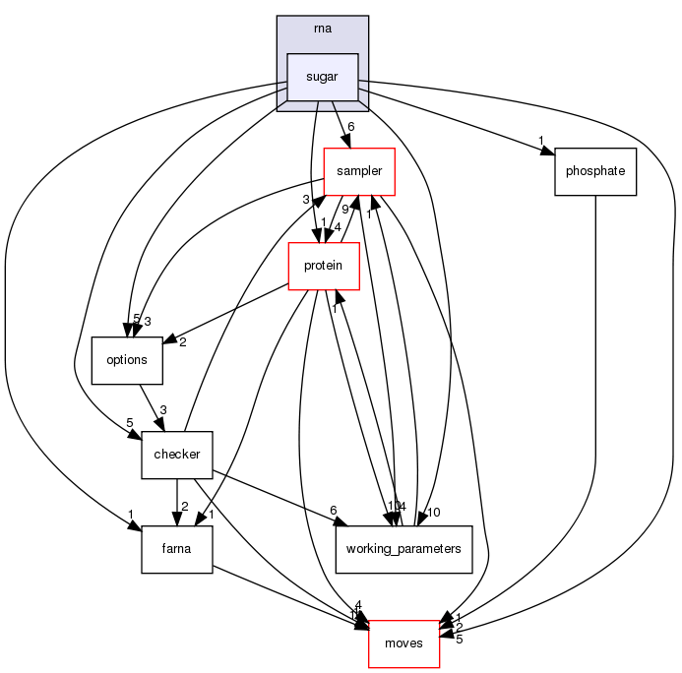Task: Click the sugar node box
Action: coord(322,77)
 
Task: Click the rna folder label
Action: coord(322,29)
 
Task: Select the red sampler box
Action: coord(359,172)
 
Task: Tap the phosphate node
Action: coord(595,172)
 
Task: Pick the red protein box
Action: coord(323,266)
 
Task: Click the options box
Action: coord(126,359)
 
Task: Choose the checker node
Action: coord(177,454)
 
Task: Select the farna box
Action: coord(177,548)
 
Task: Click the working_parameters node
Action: coord(404,548)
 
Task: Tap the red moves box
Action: coord(403,643)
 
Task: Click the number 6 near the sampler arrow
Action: coord(350,126)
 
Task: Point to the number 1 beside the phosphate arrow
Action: coord(540,139)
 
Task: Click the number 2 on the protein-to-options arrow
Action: coord(183,341)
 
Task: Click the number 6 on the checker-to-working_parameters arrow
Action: coord(334,511)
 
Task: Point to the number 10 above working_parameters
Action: coord(434,513)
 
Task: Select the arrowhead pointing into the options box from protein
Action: coord(170,340)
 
